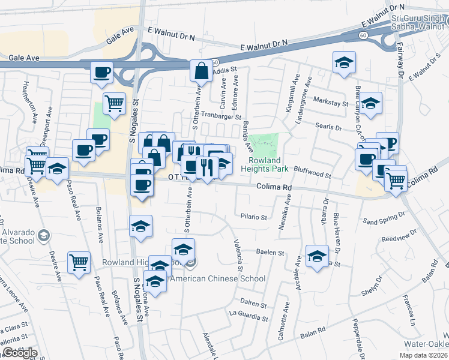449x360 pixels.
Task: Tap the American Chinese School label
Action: pos(218,278)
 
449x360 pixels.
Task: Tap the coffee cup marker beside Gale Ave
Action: pos(101,73)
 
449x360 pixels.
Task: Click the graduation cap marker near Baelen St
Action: pos(316,256)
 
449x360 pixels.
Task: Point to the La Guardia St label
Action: pos(247,313)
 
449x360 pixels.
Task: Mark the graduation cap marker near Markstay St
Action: pos(371,103)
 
